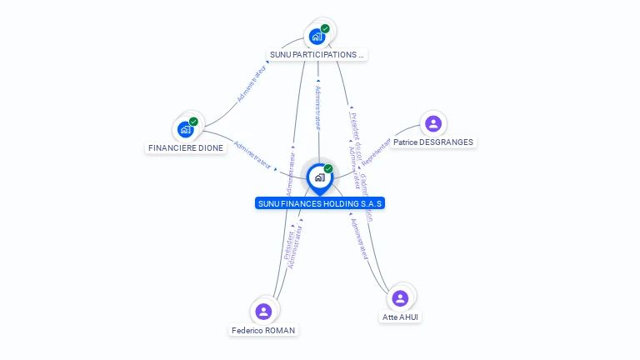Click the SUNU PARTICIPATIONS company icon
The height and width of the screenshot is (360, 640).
(x=317, y=36)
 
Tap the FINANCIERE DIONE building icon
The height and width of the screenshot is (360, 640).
(x=185, y=129)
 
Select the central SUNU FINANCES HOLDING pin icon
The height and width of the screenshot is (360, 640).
(x=319, y=177)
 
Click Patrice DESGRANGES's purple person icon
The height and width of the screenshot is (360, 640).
(x=432, y=124)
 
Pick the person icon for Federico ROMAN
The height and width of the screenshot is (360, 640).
(x=263, y=312)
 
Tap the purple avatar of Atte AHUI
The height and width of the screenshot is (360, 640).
(x=400, y=298)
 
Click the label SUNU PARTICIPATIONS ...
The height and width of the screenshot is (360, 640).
(x=317, y=55)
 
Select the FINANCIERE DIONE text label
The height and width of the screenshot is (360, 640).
(x=186, y=148)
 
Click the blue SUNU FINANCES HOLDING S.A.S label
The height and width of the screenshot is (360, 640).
(x=320, y=203)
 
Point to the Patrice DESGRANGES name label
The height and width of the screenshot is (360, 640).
(x=433, y=142)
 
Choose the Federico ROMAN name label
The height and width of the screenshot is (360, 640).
(x=263, y=331)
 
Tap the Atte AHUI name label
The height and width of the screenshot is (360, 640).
(x=401, y=317)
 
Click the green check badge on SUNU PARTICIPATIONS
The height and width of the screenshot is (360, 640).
(x=325, y=28)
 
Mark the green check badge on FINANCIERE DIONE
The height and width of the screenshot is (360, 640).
(x=193, y=122)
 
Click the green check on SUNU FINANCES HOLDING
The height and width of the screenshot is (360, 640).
(x=328, y=169)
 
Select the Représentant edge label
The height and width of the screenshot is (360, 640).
(x=377, y=152)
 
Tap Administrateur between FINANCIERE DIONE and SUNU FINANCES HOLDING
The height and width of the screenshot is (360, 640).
(x=252, y=155)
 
